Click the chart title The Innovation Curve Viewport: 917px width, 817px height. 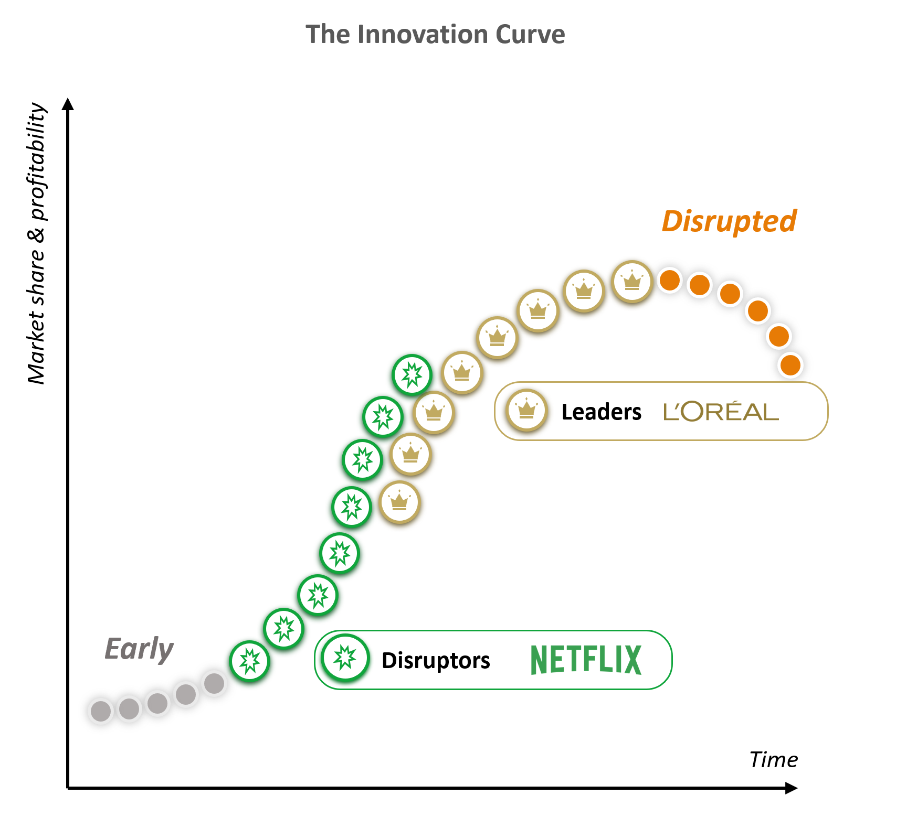[x=435, y=35]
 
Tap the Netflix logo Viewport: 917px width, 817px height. [x=586, y=660]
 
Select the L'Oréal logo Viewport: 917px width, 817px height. [x=721, y=412]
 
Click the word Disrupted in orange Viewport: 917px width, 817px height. [x=729, y=221]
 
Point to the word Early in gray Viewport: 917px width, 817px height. [x=139, y=650]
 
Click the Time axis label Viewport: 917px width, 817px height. [x=774, y=759]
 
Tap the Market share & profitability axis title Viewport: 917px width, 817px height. [x=37, y=243]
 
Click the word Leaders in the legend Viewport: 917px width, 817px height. [x=602, y=412]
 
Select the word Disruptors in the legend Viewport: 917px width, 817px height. [x=436, y=661]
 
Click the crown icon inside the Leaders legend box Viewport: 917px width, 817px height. [x=526, y=410]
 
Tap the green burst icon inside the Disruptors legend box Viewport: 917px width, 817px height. [x=345, y=658]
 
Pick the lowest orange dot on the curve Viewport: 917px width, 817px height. [x=790, y=365]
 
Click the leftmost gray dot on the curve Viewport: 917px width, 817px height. [x=101, y=712]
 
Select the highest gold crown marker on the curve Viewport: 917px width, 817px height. [x=632, y=282]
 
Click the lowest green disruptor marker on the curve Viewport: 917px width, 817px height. [x=249, y=661]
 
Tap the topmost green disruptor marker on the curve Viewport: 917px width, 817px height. [x=412, y=374]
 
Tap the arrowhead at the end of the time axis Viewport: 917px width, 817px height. [x=792, y=788]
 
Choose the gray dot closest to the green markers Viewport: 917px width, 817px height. [x=214, y=683]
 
